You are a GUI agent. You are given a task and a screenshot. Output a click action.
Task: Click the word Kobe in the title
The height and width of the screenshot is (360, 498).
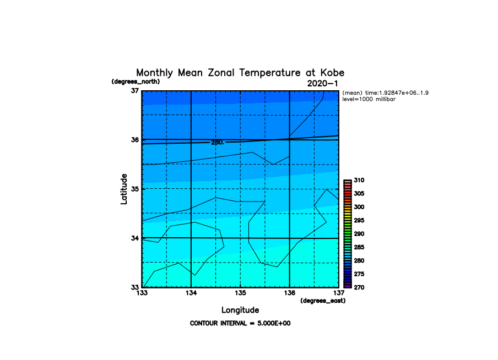[332, 73]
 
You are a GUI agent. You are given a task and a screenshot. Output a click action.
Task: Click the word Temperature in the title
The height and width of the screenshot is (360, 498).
[269, 73]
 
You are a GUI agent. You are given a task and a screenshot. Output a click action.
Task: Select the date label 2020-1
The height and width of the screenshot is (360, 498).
[322, 84]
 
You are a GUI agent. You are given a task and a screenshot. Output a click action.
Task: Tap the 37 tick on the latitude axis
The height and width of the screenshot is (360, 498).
[135, 91]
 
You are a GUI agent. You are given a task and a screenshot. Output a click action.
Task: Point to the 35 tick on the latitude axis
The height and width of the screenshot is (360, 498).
[135, 189]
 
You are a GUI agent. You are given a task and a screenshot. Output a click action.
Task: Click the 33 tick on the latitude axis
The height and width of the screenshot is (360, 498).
[135, 287]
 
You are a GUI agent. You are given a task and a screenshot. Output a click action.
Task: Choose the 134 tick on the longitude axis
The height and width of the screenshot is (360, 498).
[191, 293]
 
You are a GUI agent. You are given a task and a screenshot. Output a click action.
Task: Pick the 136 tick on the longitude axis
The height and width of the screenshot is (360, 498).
[289, 293]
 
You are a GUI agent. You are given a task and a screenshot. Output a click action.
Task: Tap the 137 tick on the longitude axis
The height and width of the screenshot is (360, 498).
[339, 293]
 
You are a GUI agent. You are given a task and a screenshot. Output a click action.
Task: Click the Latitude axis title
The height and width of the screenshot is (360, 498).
[124, 189]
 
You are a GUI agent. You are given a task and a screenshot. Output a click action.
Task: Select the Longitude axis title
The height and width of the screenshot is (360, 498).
[240, 310]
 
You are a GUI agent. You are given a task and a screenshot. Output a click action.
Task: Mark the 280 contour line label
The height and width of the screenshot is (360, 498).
[218, 142]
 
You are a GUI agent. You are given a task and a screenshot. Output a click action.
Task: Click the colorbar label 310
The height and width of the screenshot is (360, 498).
[359, 181]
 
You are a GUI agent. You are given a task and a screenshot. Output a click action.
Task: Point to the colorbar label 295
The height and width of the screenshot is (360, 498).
[359, 220]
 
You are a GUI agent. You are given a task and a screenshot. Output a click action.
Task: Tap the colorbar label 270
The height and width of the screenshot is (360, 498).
[359, 287]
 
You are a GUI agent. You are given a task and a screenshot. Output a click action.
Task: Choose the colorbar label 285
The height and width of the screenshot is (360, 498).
[359, 247]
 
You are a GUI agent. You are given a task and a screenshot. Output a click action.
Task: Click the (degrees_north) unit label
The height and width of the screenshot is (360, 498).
[136, 81]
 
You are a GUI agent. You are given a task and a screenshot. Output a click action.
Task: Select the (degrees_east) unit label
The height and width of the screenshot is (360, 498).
[323, 301]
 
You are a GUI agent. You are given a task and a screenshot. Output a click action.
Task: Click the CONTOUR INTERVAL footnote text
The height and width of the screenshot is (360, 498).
[240, 324]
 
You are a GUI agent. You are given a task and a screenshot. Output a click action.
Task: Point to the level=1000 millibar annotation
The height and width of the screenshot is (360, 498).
[369, 100]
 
